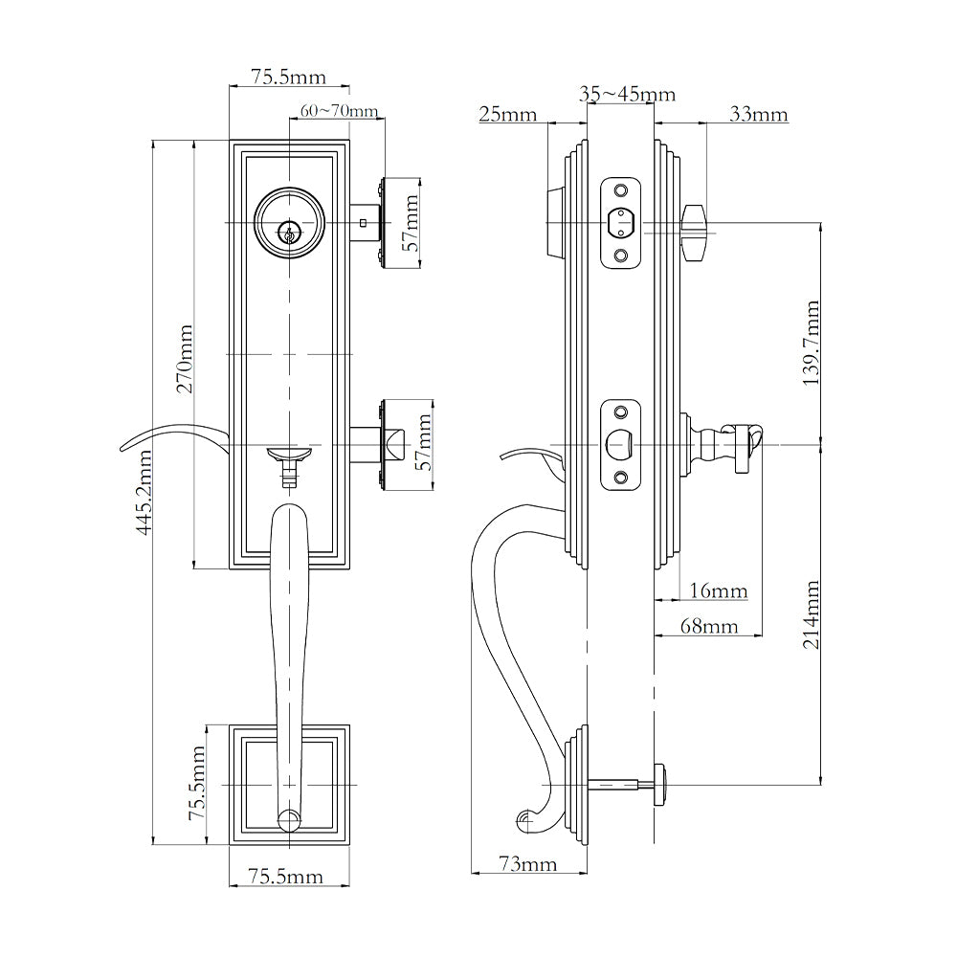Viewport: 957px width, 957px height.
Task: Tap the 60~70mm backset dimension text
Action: click(339, 111)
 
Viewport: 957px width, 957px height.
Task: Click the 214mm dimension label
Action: click(812, 614)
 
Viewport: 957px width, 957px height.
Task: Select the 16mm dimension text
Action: click(718, 591)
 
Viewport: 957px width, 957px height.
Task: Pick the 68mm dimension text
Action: click(708, 627)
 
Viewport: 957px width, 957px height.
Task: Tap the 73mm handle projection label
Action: click(527, 865)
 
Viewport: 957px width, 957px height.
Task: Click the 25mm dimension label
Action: click(507, 115)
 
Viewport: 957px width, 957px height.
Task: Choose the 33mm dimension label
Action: click(758, 115)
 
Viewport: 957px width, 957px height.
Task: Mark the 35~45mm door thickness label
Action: click(627, 94)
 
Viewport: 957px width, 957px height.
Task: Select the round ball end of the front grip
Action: click(288, 819)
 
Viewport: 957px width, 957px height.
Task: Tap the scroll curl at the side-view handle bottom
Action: click(524, 819)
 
